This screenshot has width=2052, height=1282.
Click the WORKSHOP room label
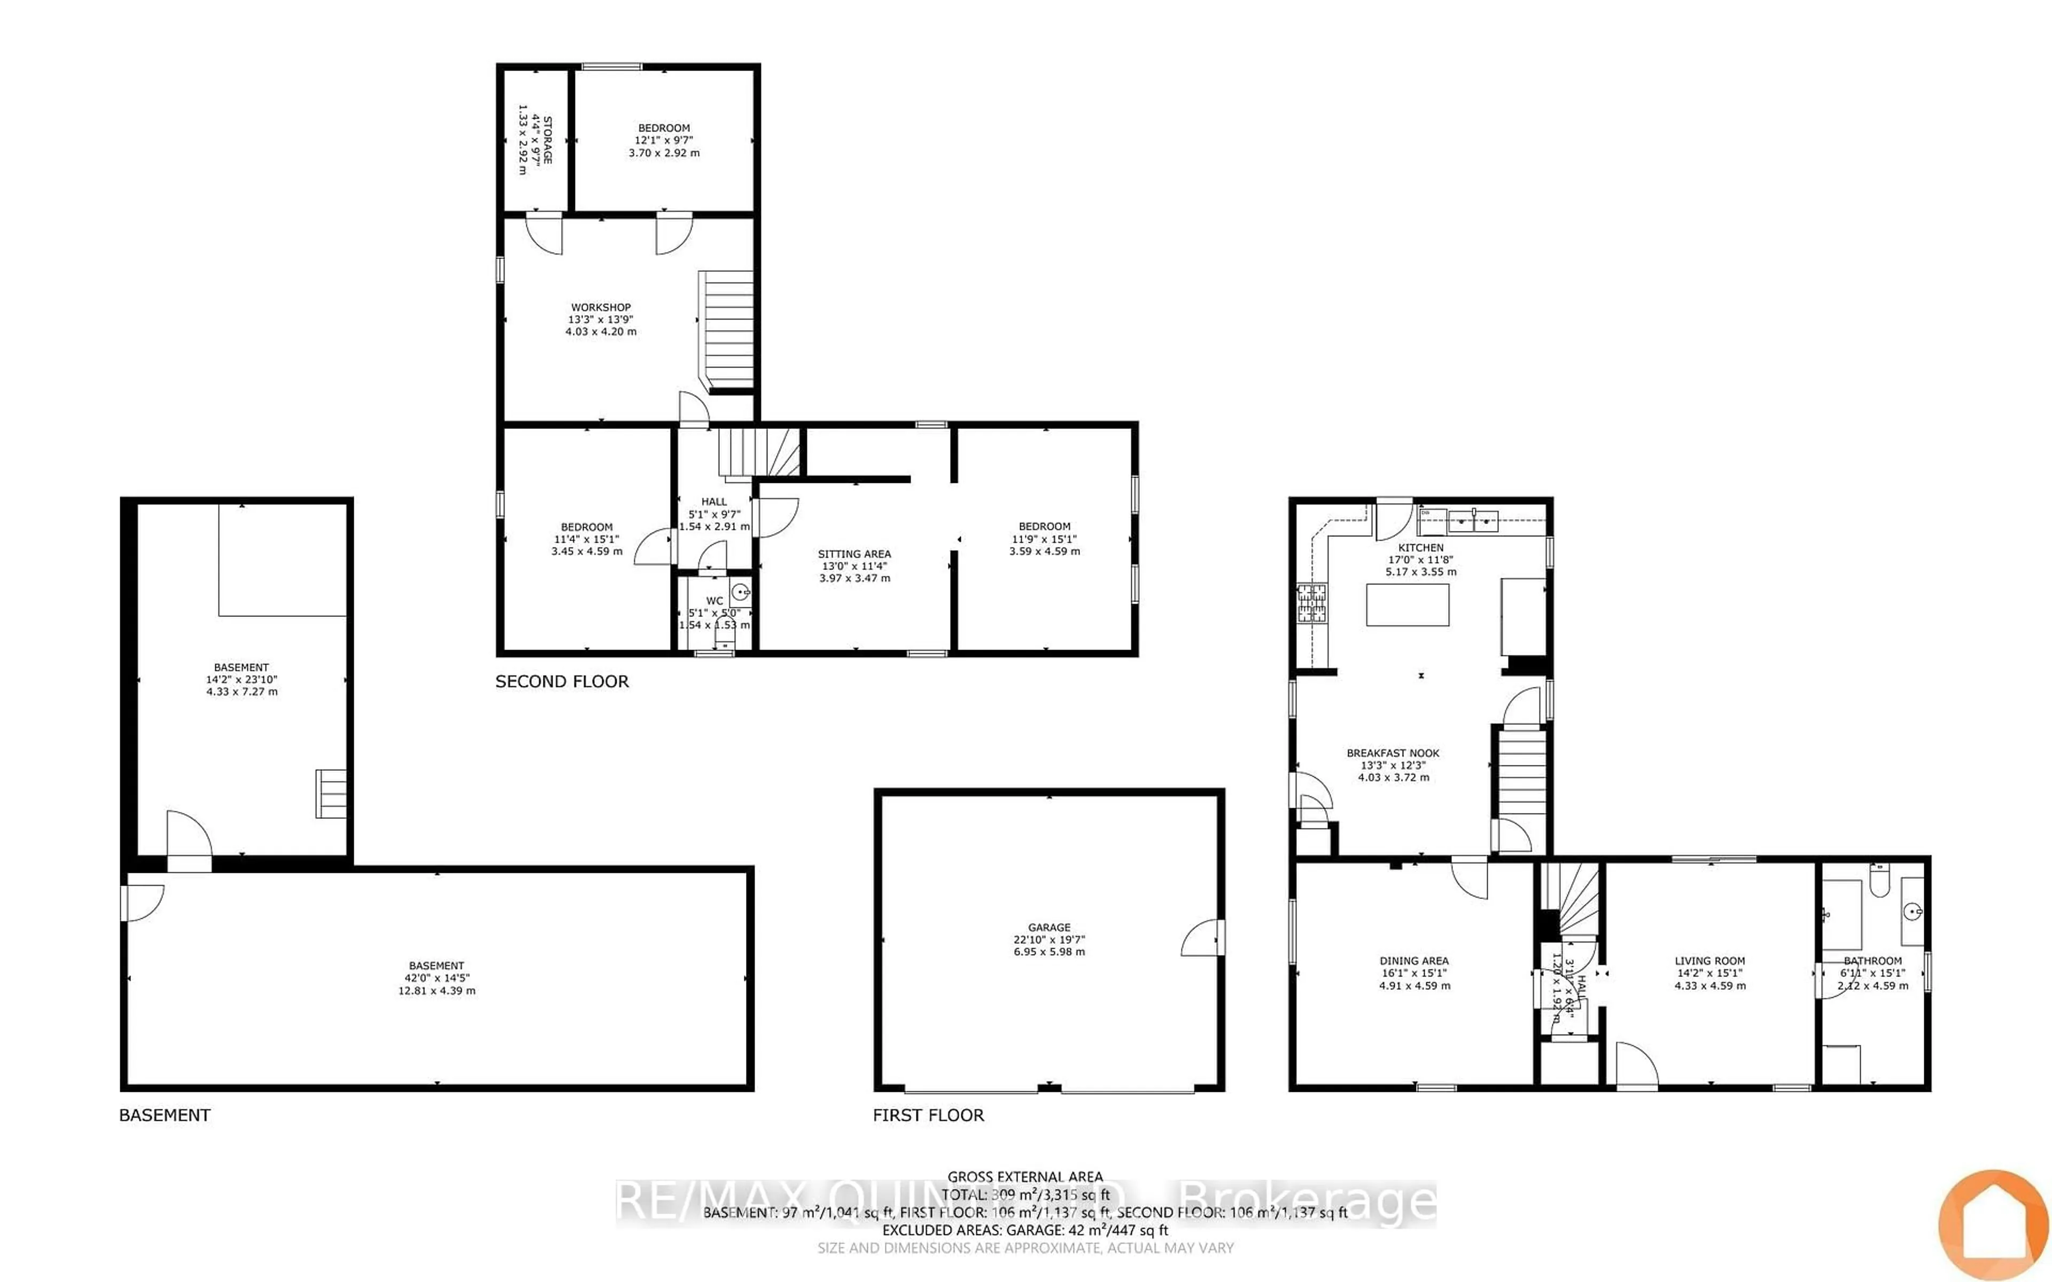pos(600,308)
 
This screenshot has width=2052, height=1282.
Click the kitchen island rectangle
pos(1406,605)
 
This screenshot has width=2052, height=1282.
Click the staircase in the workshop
pos(727,329)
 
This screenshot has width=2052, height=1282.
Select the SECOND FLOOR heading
pos(561,682)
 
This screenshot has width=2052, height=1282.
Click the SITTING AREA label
pos(854,554)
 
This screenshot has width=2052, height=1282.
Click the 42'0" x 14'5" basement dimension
pos(437,978)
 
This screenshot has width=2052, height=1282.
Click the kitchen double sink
pos(1474,520)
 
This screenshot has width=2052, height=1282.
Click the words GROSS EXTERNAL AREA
pos(1024,1177)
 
